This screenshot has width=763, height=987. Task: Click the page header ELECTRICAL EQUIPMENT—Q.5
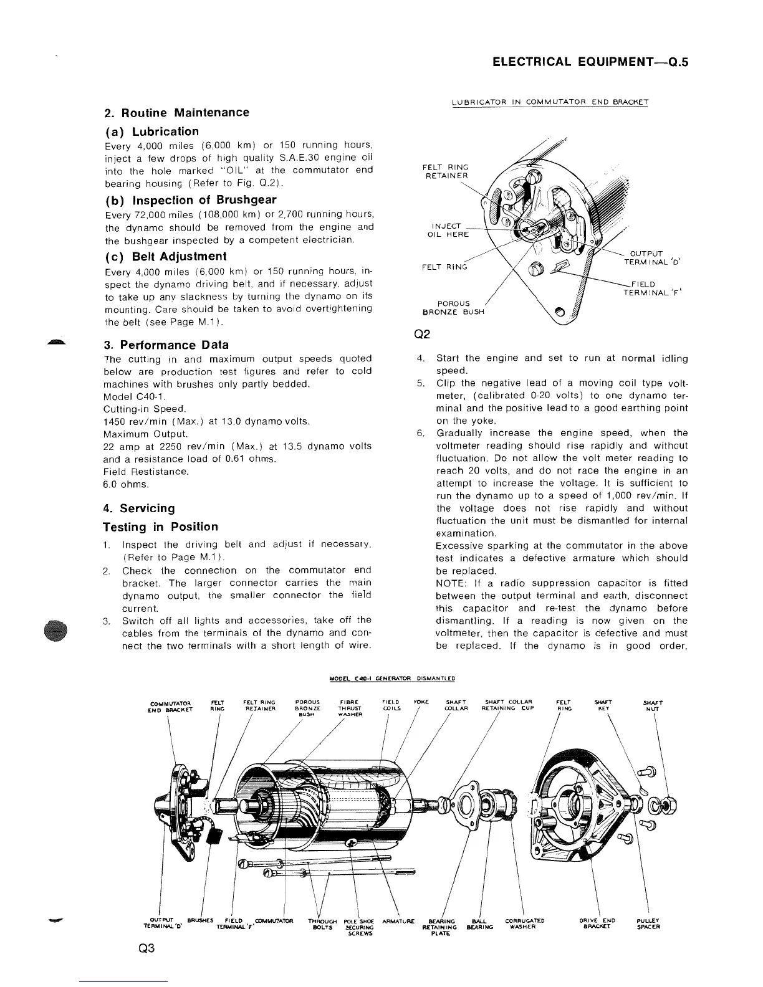[x=590, y=62]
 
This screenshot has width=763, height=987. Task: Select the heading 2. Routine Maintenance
[x=176, y=113]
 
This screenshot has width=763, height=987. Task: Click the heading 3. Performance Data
[x=166, y=345]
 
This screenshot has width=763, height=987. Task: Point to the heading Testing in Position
[x=161, y=527]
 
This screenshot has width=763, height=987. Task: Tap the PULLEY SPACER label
[x=649, y=925]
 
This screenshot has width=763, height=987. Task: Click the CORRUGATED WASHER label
[x=525, y=925]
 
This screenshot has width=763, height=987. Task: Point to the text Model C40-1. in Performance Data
[x=133, y=396]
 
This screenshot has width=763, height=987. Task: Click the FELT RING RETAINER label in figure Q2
[x=445, y=171]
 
